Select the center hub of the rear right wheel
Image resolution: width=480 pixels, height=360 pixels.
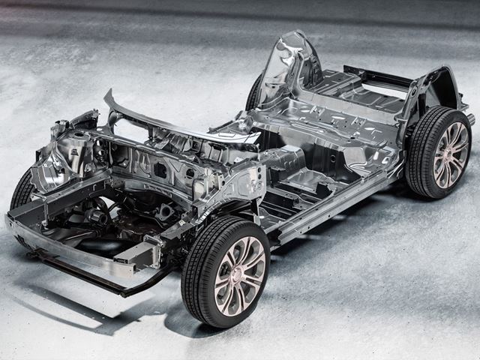click(451, 155)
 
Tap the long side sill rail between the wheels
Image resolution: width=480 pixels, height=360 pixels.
click(337, 202)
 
